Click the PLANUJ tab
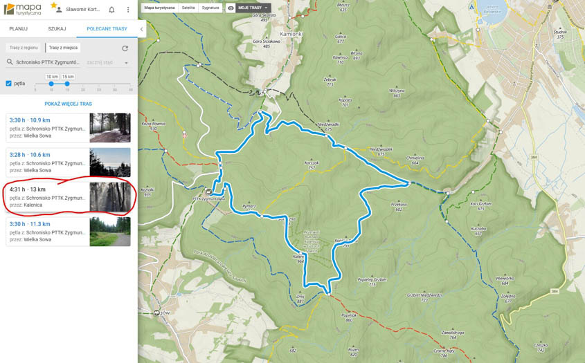click(x=19, y=29)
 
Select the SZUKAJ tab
click(x=57, y=29)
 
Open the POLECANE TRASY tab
click(x=107, y=29)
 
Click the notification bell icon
click(x=111, y=10)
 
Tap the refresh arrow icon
click(x=125, y=48)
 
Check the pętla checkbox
click(x=9, y=84)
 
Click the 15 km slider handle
click(x=67, y=84)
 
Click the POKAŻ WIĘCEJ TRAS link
click(x=68, y=104)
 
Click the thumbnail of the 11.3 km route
click(x=110, y=232)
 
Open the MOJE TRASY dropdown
click(x=253, y=8)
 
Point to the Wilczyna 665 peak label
click(x=396, y=91)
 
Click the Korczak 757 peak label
click(x=312, y=165)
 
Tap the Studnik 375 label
click(x=560, y=33)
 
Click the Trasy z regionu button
click(x=24, y=48)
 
